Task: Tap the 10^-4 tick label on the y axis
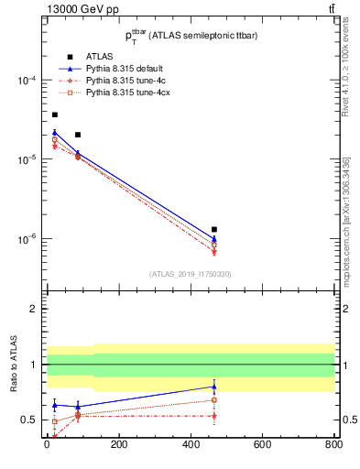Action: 27,81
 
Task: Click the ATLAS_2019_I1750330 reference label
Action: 191,274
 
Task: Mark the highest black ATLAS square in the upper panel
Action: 54,115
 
